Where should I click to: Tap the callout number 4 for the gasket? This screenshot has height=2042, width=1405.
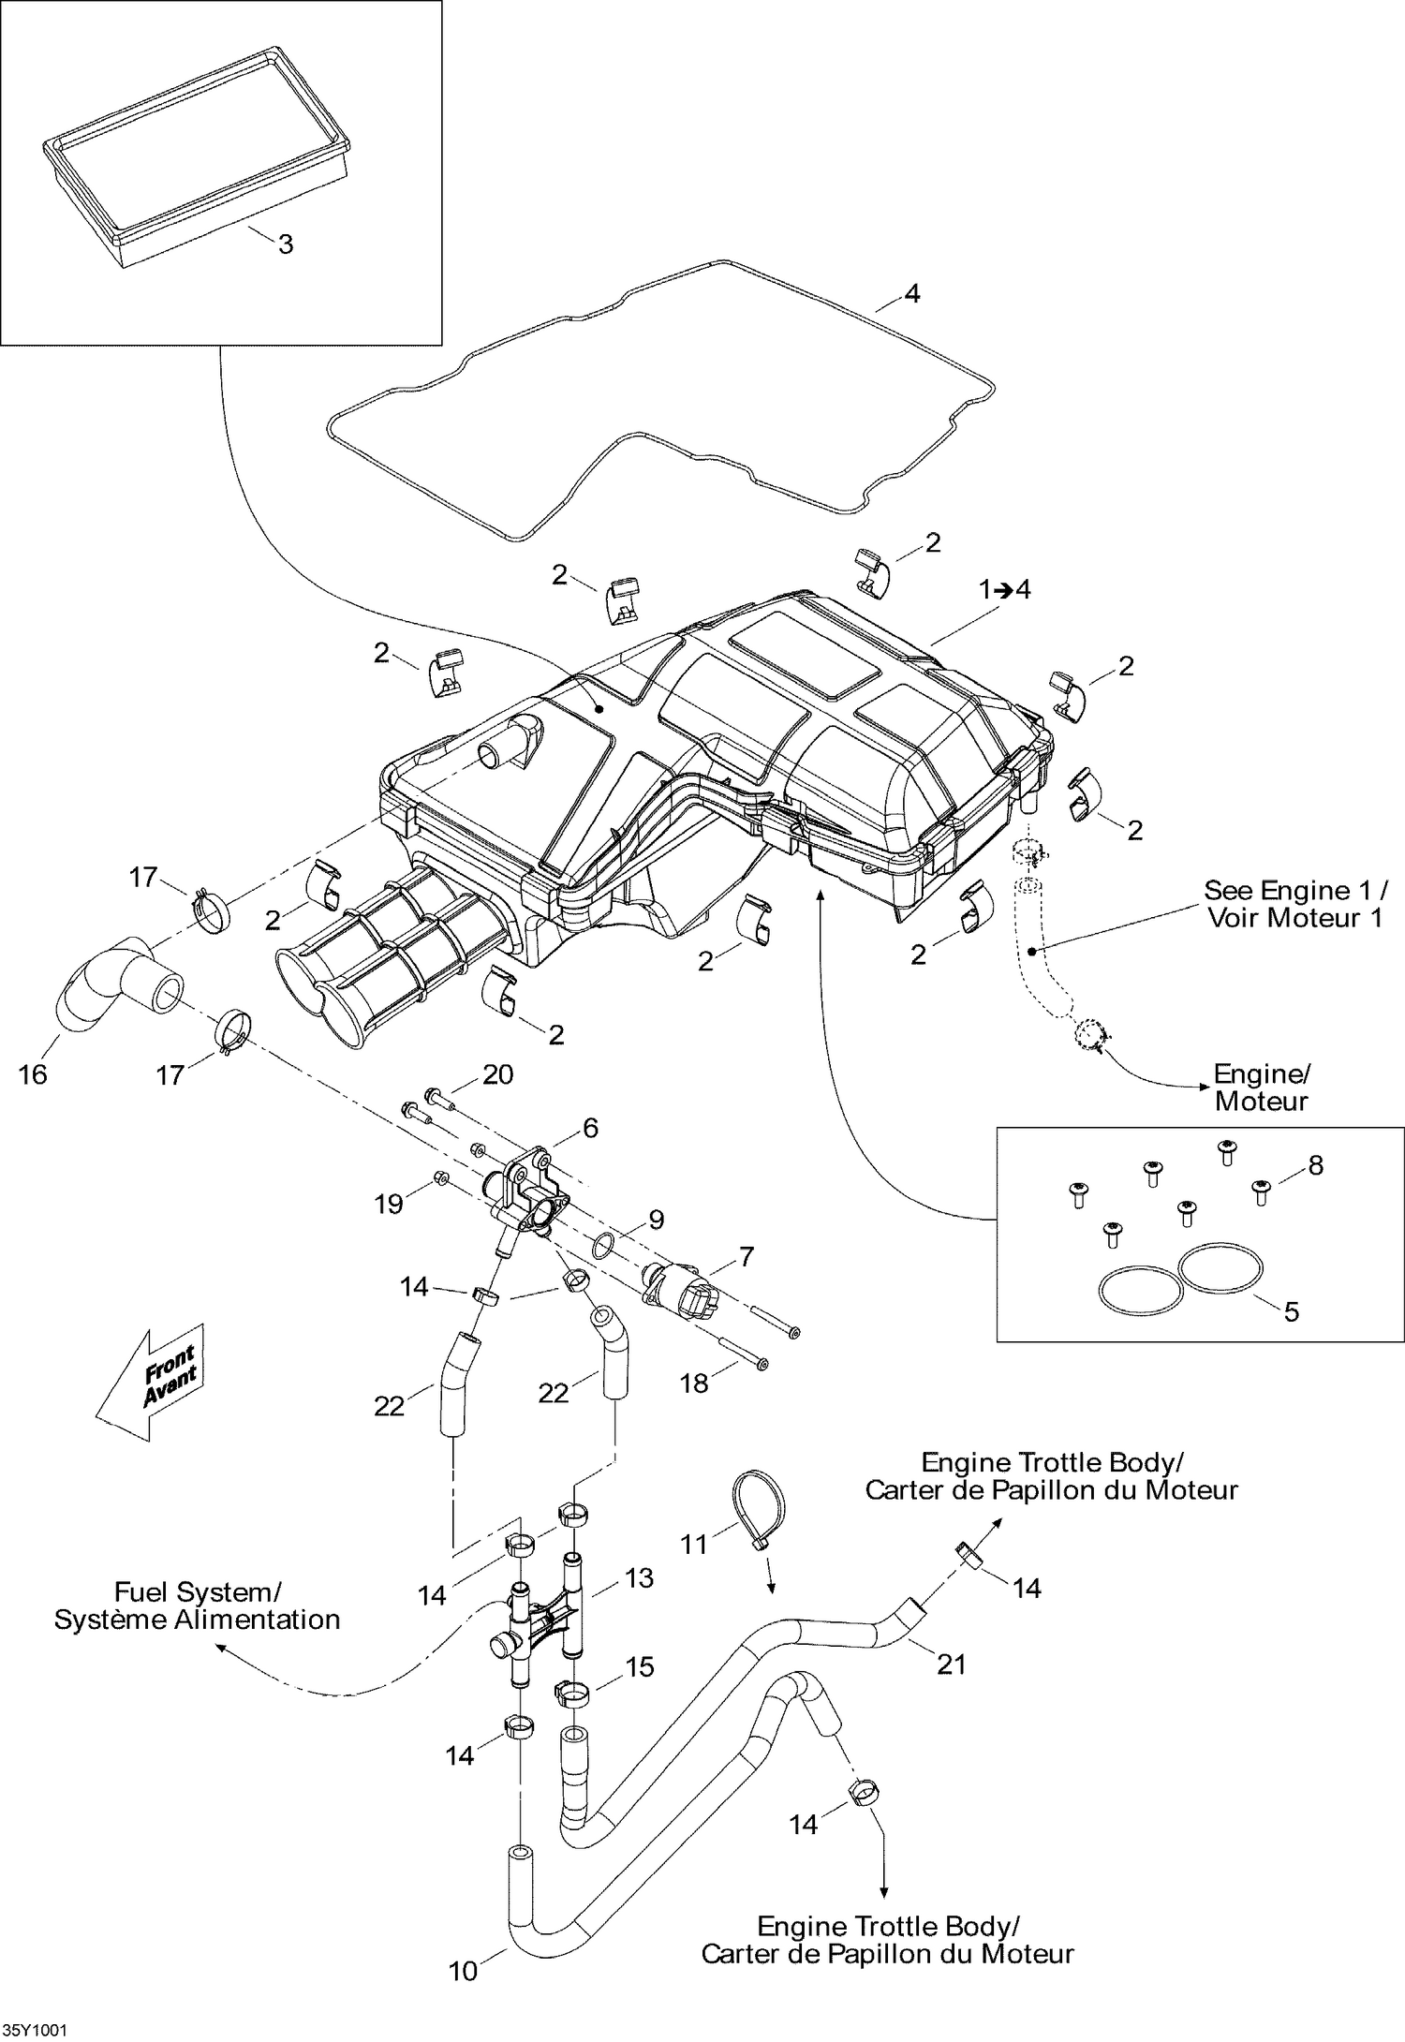911,294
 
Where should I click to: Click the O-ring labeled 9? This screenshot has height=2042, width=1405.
605,1245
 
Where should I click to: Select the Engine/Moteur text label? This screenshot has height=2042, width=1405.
1261,1088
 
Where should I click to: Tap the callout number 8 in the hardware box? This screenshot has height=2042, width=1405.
1315,1165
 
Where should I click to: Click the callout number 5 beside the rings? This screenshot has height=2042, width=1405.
1291,1311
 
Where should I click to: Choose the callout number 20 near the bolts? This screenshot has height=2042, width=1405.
497,1074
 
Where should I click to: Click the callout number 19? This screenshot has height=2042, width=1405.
389,1204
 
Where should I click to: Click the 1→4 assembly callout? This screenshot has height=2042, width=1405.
1004,589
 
